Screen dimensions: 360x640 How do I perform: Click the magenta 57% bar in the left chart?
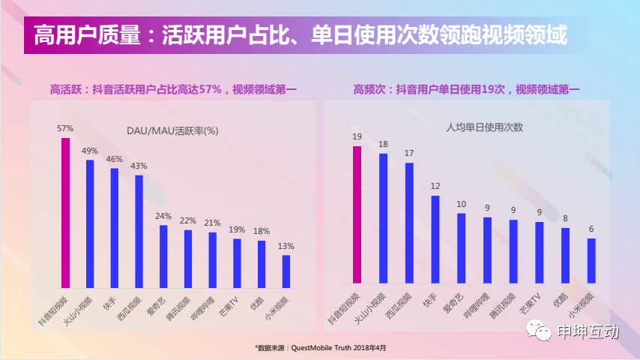click(66, 213)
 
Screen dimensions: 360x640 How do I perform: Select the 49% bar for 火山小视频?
click(90, 223)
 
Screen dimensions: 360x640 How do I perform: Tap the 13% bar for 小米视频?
click(286, 271)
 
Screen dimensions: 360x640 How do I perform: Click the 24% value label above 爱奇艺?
click(163, 217)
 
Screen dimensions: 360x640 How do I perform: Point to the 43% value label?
click(139, 166)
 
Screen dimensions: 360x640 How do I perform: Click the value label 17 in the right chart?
click(409, 153)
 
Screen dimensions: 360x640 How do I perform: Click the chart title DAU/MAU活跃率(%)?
click(172, 130)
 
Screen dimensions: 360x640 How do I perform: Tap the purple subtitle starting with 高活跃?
click(173, 89)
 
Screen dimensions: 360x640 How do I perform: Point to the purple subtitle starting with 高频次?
click(466, 89)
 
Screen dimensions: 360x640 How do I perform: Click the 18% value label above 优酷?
click(262, 231)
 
